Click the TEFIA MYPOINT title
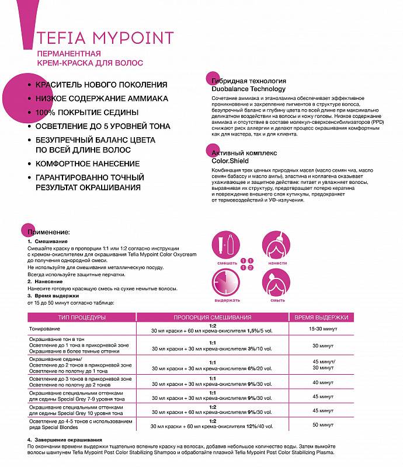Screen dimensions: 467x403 tap(105, 39)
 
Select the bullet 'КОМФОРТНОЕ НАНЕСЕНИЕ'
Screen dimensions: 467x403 tap(88, 163)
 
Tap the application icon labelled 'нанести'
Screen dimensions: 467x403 tap(277, 245)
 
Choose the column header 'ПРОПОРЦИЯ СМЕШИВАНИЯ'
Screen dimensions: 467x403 tap(213, 317)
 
